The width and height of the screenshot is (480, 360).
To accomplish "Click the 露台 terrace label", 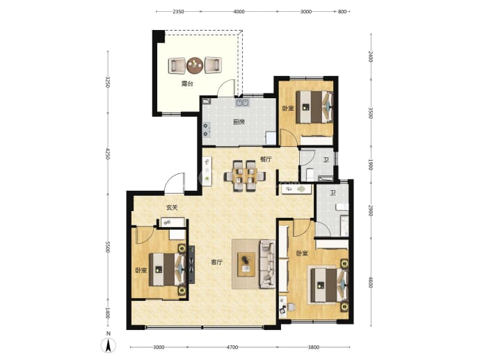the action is tap(187, 84).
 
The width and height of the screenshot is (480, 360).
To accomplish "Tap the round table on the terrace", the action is tap(195, 65).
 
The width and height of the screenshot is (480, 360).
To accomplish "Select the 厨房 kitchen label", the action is tap(239, 122).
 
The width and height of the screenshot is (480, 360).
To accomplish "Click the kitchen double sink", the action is tap(243, 102).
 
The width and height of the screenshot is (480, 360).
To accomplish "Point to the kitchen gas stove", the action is tap(207, 130).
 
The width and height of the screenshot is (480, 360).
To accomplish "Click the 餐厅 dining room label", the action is tap(266, 159).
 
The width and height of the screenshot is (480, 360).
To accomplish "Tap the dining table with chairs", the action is tap(244, 176).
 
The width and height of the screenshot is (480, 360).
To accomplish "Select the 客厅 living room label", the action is tap(217, 263).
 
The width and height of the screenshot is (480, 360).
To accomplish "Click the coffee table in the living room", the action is tap(246, 264).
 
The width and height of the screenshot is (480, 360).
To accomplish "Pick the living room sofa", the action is tap(268, 264).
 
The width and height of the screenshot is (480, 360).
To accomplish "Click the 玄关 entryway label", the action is tap(172, 208).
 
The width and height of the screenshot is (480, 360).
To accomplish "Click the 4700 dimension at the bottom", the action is tap(232, 347).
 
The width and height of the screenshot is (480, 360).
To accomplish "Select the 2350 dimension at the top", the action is tap(178, 12).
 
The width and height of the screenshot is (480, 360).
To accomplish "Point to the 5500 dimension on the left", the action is tap(107, 247).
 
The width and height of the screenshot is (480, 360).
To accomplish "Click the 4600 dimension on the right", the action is tap(371, 282).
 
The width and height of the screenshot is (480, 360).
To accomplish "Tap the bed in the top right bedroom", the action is tap(314, 107).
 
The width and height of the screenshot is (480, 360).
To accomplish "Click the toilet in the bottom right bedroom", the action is tap(291, 306).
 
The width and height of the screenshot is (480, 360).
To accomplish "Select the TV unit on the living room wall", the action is tap(191, 265).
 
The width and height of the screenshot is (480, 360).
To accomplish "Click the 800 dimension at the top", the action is tap(342, 12).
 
